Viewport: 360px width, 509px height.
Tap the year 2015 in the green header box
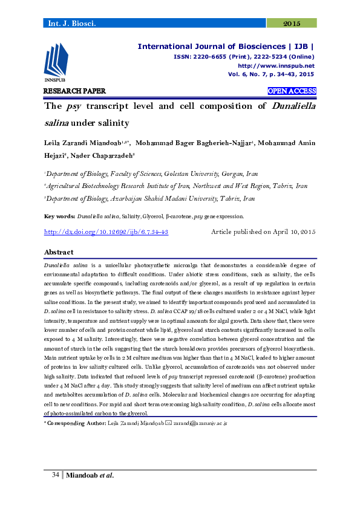point(292,24)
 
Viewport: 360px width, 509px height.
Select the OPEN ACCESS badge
point(292,91)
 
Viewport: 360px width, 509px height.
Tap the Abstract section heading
point(59,252)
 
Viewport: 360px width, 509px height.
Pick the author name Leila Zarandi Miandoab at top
point(83,143)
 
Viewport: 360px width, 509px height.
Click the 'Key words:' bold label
point(60,216)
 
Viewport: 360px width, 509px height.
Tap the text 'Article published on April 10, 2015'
point(263,232)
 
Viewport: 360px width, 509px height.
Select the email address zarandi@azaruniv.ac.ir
point(200,424)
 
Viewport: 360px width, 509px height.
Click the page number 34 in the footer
point(55,475)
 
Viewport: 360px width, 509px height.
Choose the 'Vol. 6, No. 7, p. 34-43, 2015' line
point(271,74)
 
